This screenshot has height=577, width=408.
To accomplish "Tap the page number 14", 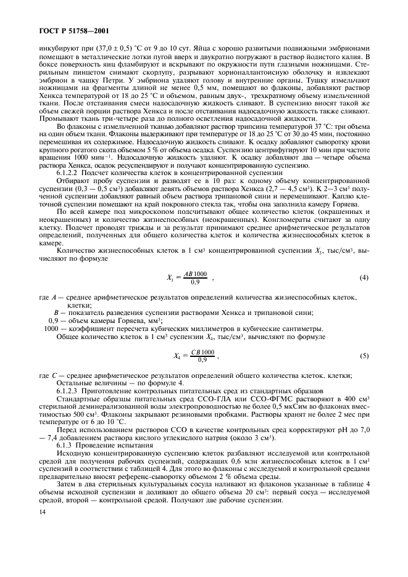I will point(43,513).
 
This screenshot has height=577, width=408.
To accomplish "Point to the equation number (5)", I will point(364,356).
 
